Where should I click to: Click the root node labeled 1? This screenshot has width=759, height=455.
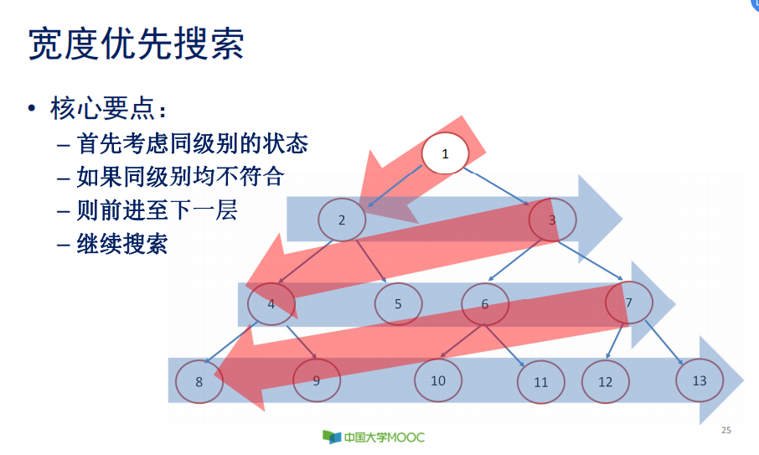(445, 153)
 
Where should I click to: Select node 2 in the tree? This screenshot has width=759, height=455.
(342, 220)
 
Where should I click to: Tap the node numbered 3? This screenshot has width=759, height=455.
(552, 220)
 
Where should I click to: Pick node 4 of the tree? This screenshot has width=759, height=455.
(271, 303)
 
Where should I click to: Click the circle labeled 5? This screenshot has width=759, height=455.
(398, 303)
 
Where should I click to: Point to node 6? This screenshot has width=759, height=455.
(485, 303)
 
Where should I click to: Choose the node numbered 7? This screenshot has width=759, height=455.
(628, 302)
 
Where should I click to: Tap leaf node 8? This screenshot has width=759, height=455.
(199, 381)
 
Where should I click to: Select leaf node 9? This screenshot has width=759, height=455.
(316, 380)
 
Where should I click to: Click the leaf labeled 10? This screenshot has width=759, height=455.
(438, 380)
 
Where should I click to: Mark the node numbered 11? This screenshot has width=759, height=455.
(540, 382)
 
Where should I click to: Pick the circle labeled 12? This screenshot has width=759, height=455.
(606, 382)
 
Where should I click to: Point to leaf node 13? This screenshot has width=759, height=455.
(700, 380)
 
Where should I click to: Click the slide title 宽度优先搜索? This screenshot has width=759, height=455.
(137, 44)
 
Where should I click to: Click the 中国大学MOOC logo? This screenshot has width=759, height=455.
(374, 437)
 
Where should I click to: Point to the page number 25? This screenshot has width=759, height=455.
(725, 431)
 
